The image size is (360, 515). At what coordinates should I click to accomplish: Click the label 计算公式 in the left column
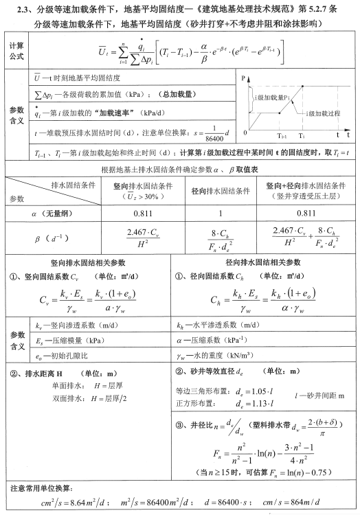coord(15,49)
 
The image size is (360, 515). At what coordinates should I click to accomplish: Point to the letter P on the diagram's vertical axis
coord(243,80)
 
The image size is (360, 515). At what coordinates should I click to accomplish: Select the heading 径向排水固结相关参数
coord(263,262)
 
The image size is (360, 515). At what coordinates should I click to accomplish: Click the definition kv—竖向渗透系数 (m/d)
coord(76,325)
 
